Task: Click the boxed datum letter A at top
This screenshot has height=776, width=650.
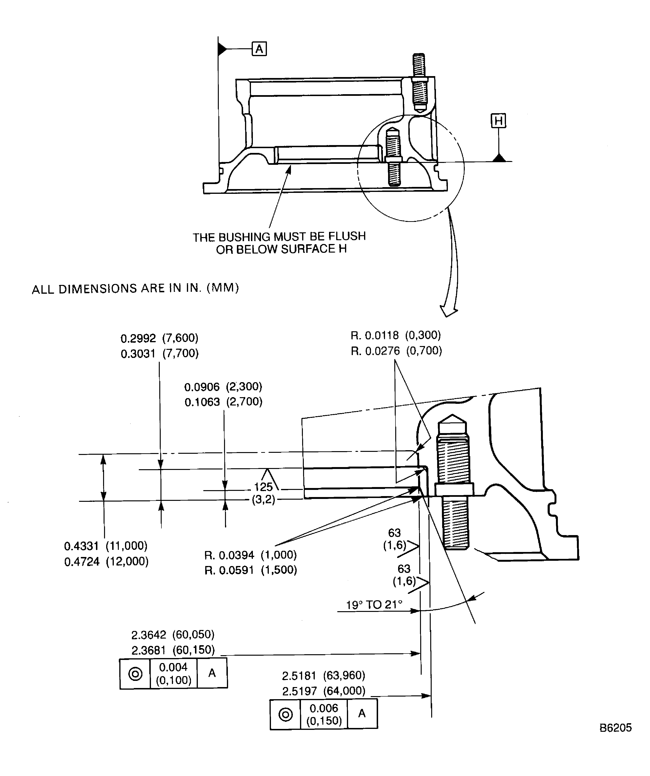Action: (259, 49)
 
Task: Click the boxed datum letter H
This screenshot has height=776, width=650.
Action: (498, 121)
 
